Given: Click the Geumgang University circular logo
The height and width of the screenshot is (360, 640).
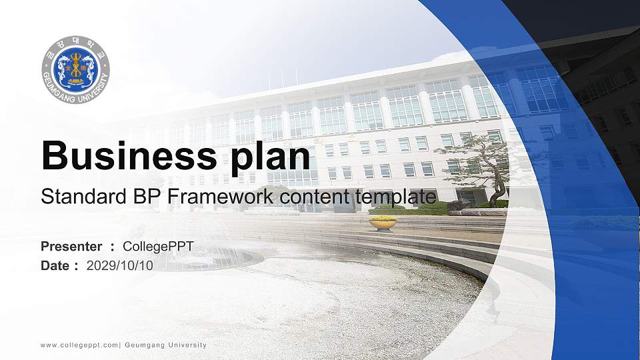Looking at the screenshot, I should (75, 70).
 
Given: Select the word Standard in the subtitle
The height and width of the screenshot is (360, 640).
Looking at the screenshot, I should (73, 197).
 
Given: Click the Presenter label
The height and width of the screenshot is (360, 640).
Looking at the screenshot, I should (71, 247).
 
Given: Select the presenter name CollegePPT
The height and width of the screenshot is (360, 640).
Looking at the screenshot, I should (158, 247).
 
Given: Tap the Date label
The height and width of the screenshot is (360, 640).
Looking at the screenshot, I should (55, 265).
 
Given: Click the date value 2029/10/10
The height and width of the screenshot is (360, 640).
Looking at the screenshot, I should (120, 265).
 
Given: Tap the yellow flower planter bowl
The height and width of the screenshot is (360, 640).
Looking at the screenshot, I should (383, 223).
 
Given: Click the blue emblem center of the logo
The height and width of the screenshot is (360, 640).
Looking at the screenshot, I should (75, 69).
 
